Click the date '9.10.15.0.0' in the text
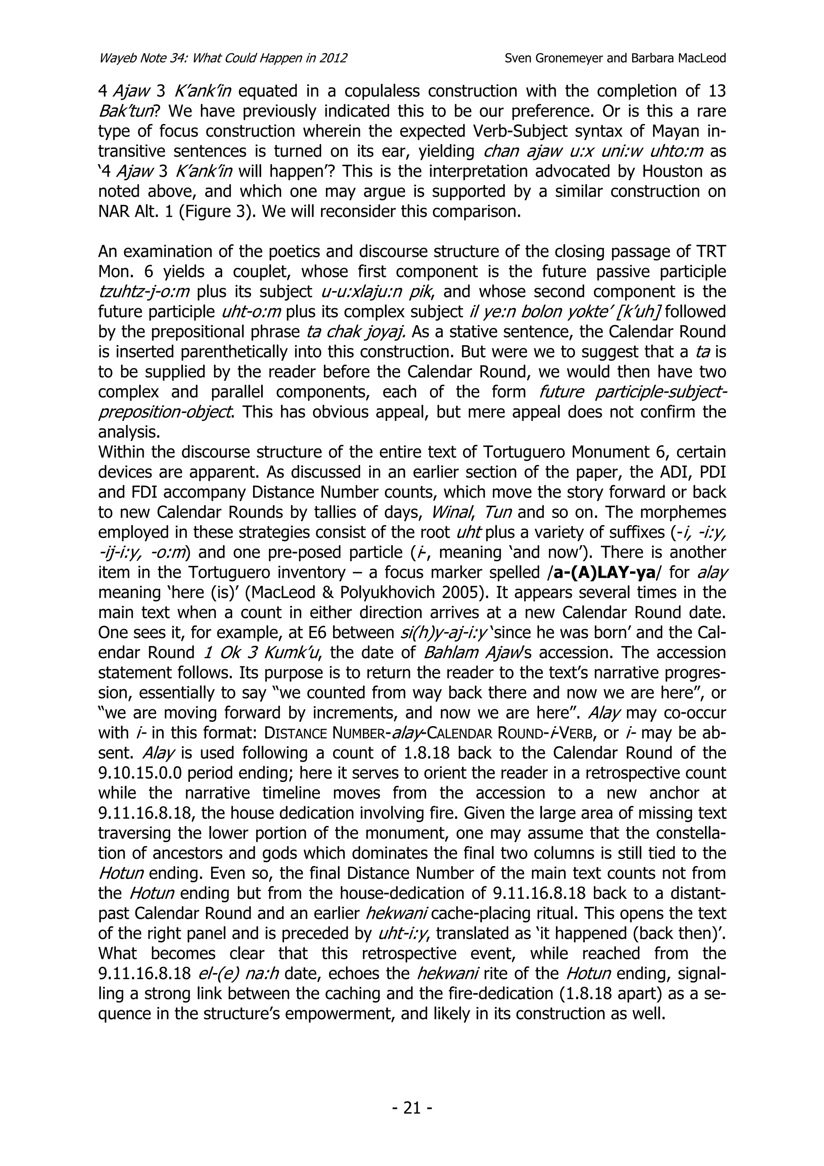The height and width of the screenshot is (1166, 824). (143, 773)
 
